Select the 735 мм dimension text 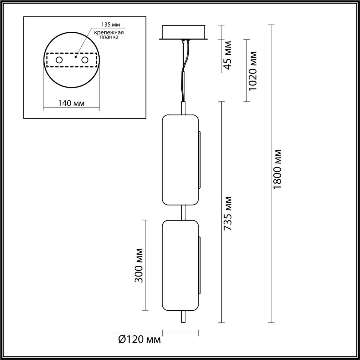[228, 213]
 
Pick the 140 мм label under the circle [71, 103]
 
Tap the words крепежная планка [105, 35]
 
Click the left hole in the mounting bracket [59, 60]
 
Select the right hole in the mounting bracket [85, 60]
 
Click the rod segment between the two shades [183, 213]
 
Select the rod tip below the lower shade [183, 317]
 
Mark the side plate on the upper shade [199, 160]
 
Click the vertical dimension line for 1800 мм [271, 240]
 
